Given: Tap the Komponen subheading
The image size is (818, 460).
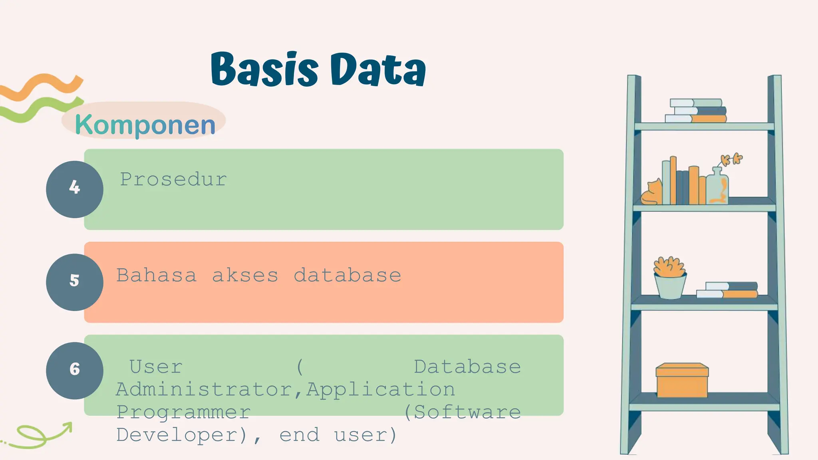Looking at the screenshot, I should [x=145, y=125].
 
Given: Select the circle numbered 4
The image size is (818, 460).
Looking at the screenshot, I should [x=75, y=189].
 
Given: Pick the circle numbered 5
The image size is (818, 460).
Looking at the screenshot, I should [x=75, y=282].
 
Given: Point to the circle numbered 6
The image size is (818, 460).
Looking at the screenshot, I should [x=75, y=371].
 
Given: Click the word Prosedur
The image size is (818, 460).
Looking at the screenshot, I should [x=173, y=179].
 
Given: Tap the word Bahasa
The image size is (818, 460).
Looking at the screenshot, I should [x=156, y=276].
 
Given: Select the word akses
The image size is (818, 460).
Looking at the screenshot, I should [x=245, y=276].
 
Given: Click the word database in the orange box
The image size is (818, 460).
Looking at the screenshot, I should [x=347, y=276].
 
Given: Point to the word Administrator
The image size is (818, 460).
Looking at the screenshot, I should [x=205, y=389].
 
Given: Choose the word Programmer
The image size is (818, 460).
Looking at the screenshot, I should [x=183, y=412].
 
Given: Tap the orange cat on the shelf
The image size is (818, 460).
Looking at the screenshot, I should [x=651, y=193].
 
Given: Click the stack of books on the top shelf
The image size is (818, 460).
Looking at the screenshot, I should [x=696, y=111].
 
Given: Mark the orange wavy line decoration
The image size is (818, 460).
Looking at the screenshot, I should [x=42, y=85].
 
